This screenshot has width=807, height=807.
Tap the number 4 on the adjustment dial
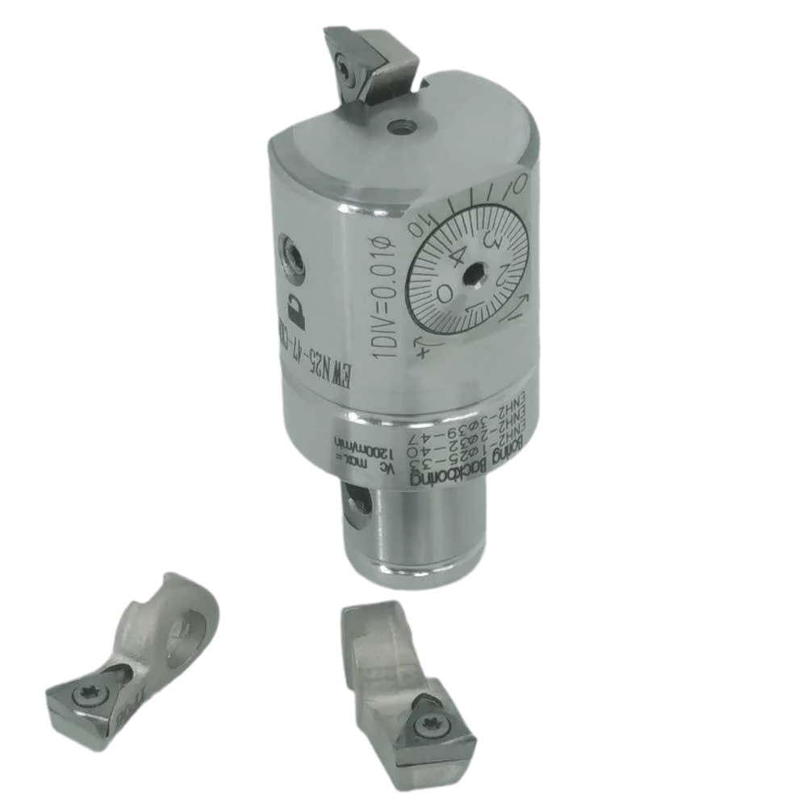click(x=457, y=257)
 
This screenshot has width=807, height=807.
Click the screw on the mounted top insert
click(x=345, y=72)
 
